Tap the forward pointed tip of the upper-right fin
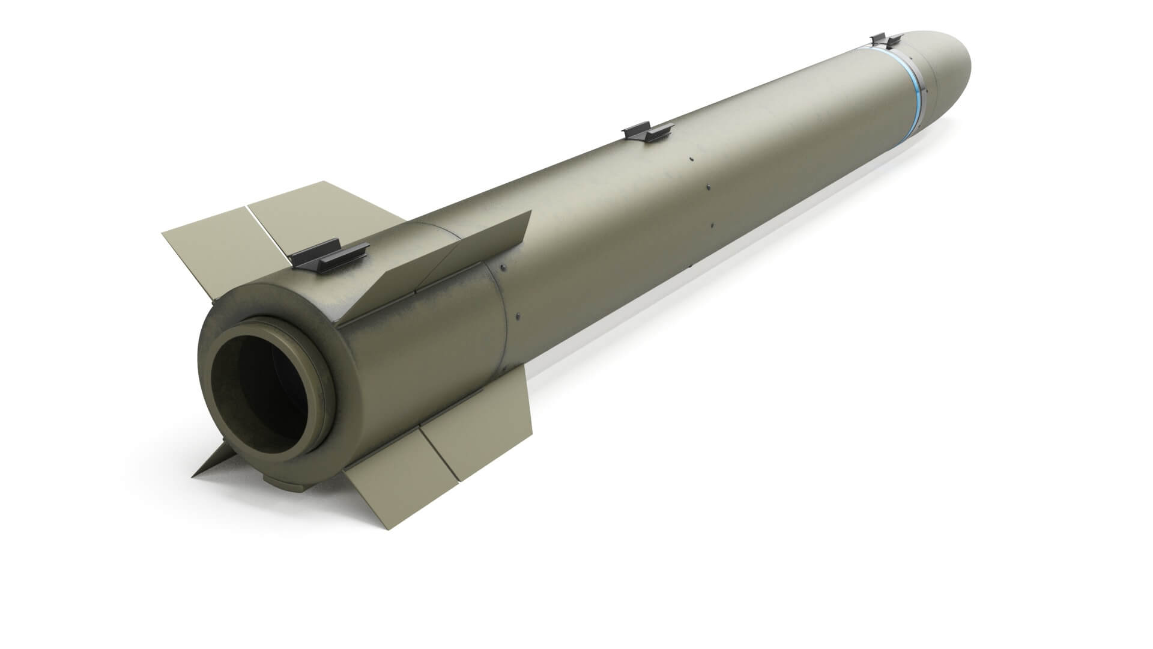531,212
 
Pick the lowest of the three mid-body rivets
711,226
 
